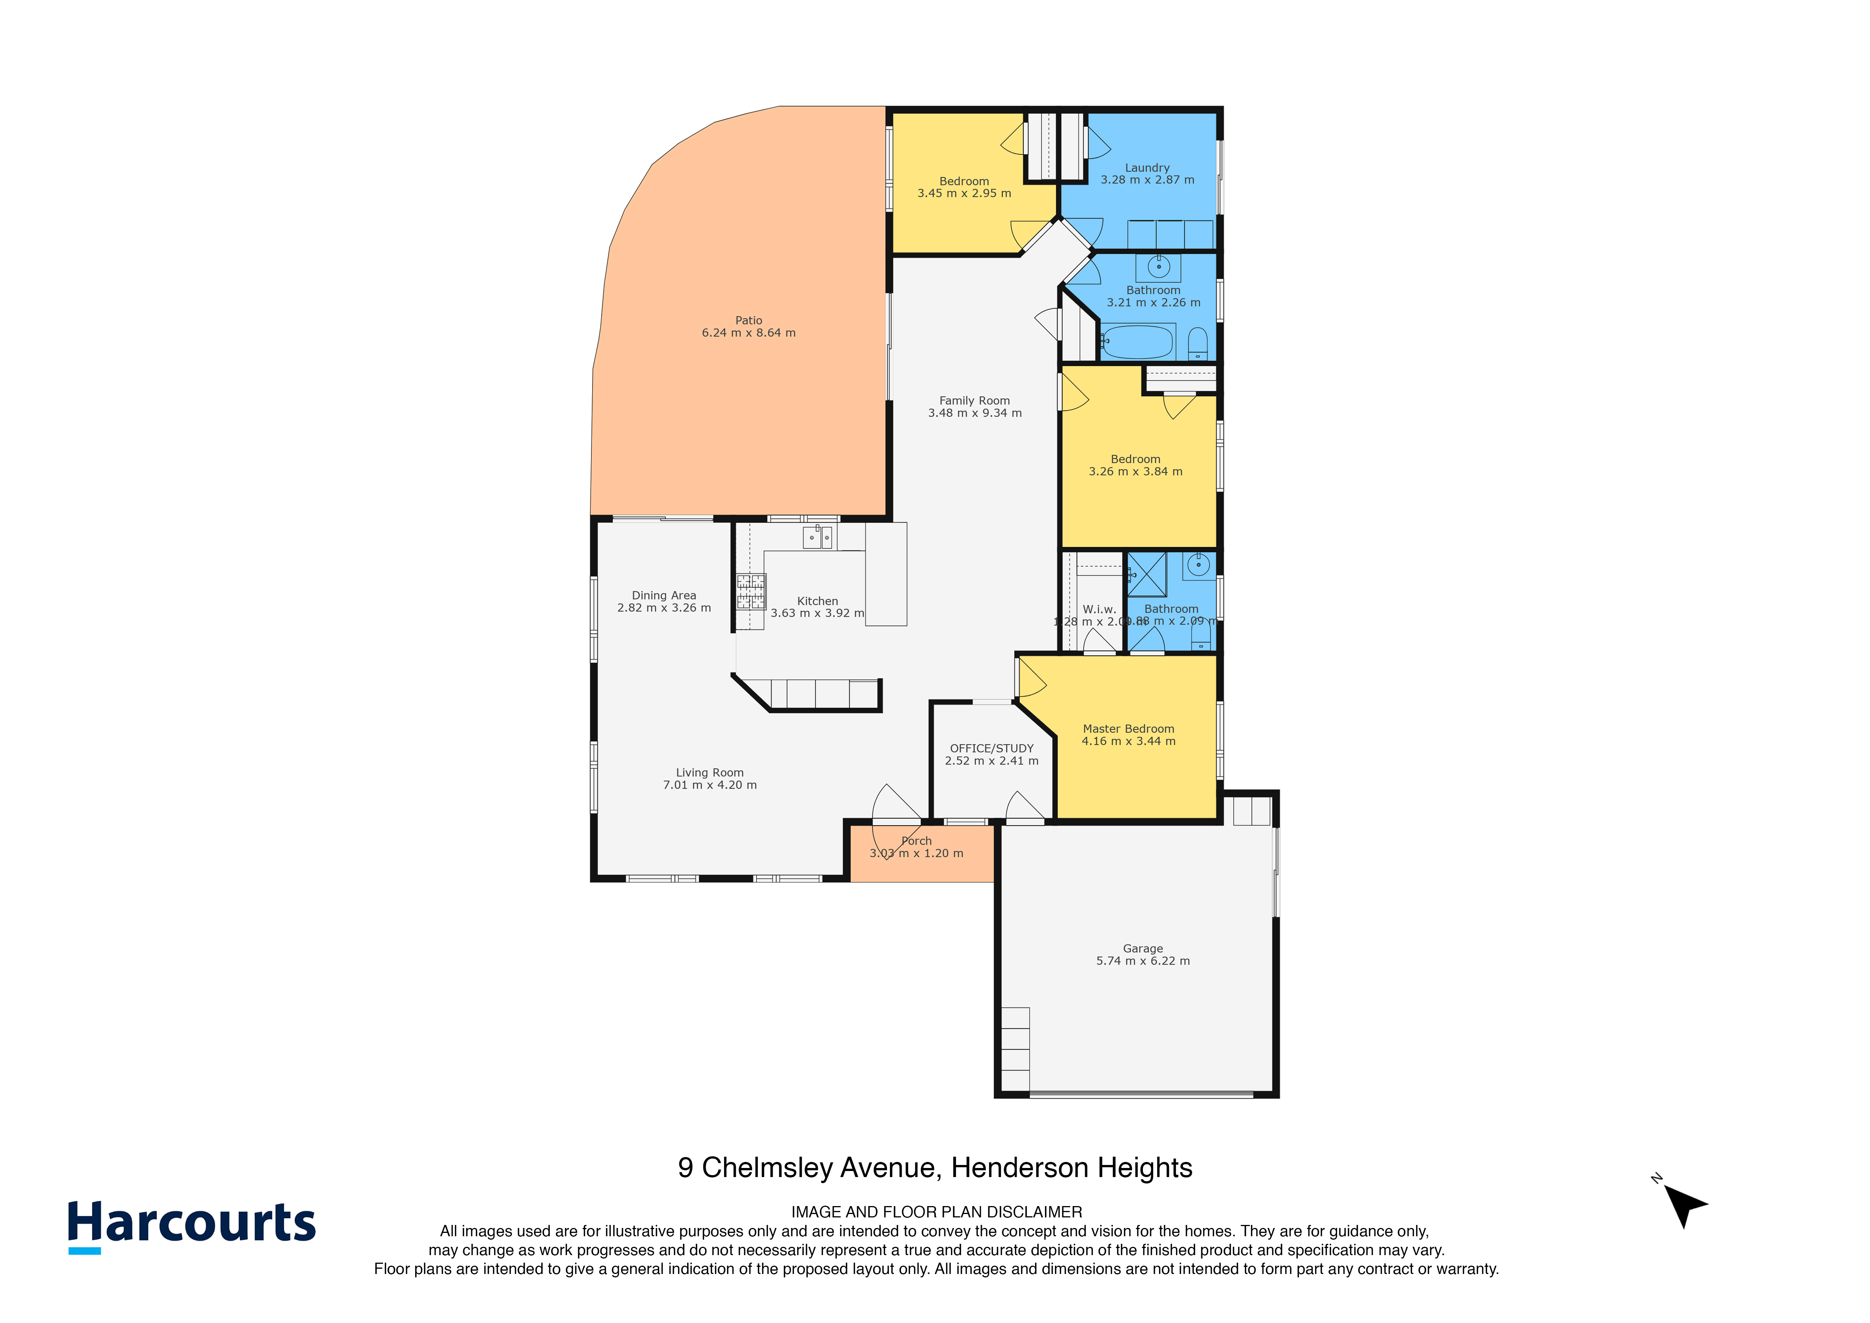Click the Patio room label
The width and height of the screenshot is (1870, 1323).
749,320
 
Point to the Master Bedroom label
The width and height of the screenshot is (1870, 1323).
1128,728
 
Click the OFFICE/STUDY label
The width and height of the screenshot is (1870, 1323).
991,748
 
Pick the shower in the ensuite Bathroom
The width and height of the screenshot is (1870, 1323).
1147,574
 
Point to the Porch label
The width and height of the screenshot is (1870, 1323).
916,841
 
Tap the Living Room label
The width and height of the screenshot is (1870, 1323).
709,772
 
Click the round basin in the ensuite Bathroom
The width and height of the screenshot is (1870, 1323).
1198,565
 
